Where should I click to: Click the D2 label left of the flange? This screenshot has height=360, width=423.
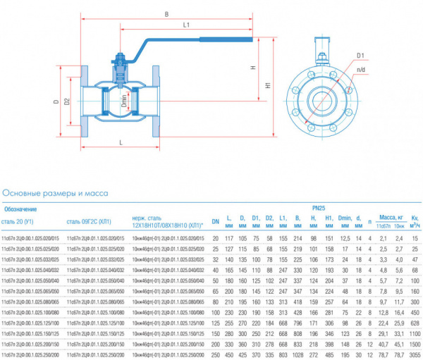pyautogui.click(x=67, y=101)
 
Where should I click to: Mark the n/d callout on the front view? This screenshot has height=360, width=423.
pyautogui.click(x=360, y=70)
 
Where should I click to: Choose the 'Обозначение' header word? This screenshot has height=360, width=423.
pyautogui.click(x=21, y=209)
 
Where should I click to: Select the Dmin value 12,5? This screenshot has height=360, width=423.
pyautogui.click(x=345, y=240)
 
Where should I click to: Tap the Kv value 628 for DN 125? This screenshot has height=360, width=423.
pyautogui.click(x=415, y=323)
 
